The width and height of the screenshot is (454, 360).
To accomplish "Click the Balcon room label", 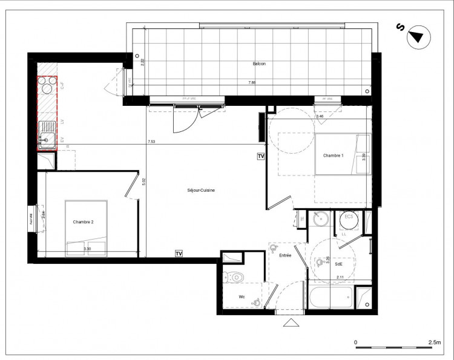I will pyautogui.click(x=260, y=64).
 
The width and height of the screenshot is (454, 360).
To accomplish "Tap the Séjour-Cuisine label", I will pyautogui.click(x=202, y=191).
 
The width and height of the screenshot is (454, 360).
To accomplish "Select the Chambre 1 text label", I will pyautogui.click(x=334, y=156).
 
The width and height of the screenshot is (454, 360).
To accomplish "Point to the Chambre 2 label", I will pyautogui.click(x=84, y=222).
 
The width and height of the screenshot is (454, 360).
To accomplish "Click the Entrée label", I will pyautogui.click(x=285, y=256).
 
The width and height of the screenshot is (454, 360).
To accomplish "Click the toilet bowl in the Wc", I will pyautogui.click(x=235, y=278).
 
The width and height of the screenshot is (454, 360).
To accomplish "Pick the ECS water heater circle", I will pyautogui.click(x=349, y=219).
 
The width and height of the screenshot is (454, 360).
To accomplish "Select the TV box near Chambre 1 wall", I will pyautogui.click(x=261, y=156).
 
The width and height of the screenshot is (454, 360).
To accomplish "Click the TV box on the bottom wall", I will pyautogui.click(x=179, y=253).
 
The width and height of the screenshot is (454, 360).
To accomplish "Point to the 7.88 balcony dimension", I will pyautogui.click(x=251, y=82).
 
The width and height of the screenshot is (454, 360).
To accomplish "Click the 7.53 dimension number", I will pyautogui.click(x=151, y=142).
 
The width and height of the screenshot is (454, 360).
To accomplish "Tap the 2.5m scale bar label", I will pyautogui.click(x=434, y=342).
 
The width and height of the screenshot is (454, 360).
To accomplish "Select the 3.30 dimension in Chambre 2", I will pyautogui.click(x=88, y=249).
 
